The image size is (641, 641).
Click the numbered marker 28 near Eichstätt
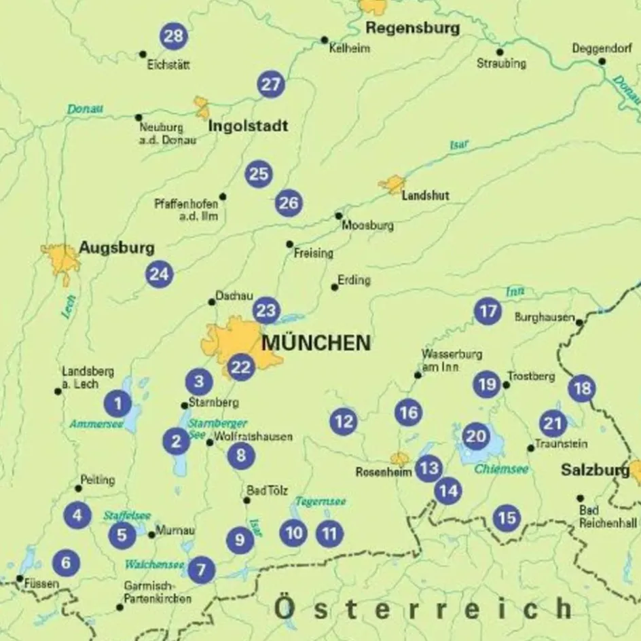pos(174,36)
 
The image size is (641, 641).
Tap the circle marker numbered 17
pos(487,312)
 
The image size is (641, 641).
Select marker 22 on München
pos(240,367)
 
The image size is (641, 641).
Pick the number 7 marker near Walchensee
pos(201,570)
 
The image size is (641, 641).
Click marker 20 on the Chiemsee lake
pos(476,436)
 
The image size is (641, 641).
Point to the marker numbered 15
pos(506,519)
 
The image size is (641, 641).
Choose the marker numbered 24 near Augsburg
pos(159,274)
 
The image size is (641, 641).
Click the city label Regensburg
pos(412,29)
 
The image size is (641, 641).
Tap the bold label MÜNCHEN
pos(316,343)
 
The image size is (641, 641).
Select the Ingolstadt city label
pos(248,126)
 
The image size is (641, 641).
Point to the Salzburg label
pos(595,470)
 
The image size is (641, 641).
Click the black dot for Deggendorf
pos(602,62)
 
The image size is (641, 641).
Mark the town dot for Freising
pos(289,244)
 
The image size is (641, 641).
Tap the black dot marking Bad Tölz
pos(246,500)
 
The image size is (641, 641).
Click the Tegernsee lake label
pos(320,502)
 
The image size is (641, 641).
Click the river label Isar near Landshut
pos(460,144)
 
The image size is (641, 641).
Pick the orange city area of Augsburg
pos(61,261)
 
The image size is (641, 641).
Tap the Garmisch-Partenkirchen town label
pos(158,592)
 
